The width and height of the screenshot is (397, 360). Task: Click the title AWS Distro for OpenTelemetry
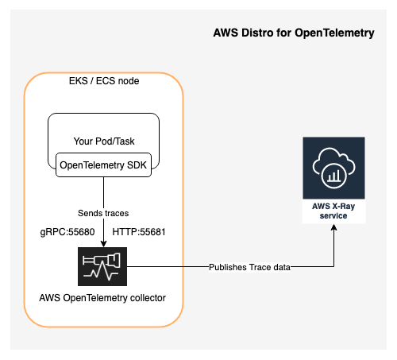[x=294, y=34]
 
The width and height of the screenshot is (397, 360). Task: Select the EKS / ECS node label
[x=104, y=81]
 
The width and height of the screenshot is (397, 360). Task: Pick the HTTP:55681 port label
[x=138, y=233]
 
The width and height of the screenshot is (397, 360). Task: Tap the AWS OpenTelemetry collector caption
[x=104, y=299]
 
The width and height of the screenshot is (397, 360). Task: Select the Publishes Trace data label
[x=249, y=267]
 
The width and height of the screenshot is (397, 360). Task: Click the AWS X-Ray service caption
[x=334, y=210]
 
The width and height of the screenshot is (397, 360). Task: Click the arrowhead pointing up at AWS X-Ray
[x=334, y=226]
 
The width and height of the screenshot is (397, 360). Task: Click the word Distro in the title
[x=258, y=34]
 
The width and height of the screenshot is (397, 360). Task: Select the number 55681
[x=149, y=233]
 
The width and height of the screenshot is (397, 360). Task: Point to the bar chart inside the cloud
[x=335, y=173]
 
